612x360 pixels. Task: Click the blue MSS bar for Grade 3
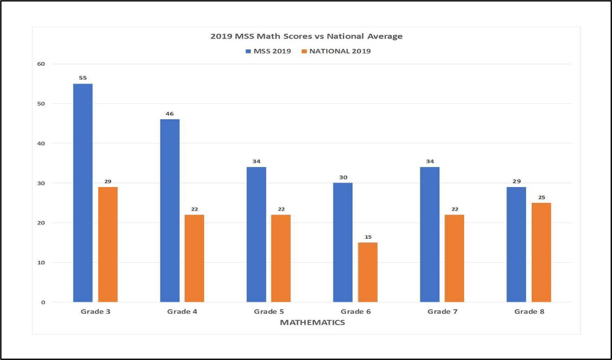tap(83, 193)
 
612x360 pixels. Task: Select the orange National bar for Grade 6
tap(368, 272)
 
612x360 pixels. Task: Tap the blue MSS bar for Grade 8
tap(516, 245)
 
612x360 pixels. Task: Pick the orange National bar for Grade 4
tap(194, 258)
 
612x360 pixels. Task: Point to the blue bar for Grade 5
tap(256, 235)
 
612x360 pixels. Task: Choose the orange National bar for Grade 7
tap(454, 258)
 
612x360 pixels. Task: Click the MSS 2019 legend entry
tap(268, 51)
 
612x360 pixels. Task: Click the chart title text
tap(306, 37)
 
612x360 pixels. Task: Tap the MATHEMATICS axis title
tap(312, 322)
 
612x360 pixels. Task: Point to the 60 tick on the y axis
tap(41, 64)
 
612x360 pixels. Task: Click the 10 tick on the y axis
tap(41, 263)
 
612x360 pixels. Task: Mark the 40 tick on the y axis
tap(41, 143)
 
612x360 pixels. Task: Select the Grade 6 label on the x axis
tap(355, 312)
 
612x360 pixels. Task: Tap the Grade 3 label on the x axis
tap(96, 312)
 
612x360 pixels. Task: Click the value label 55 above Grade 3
tap(83, 78)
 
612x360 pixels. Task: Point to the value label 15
tap(368, 237)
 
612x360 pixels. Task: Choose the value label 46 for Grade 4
tap(169, 114)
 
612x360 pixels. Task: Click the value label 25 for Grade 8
tap(541, 198)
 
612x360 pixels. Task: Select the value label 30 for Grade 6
tap(342, 177)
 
